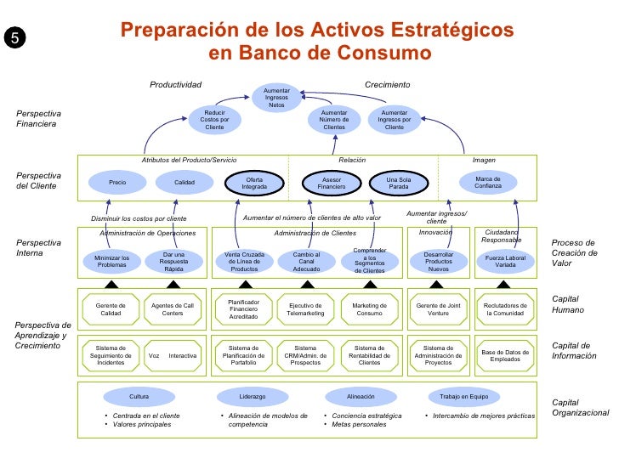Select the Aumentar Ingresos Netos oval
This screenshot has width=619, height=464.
tap(276, 98)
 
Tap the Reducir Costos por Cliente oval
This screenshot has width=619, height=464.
tap(214, 120)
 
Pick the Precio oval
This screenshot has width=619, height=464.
tap(116, 182)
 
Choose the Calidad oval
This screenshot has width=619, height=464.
tap(185, 182)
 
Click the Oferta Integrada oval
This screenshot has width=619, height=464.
tap(254, 182)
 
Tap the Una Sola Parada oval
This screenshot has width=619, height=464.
tap(398, 182)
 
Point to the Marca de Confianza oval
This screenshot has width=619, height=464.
tap(488, 182)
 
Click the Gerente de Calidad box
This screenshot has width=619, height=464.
tap(111, 309)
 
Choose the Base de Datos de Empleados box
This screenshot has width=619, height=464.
tap(505, 355)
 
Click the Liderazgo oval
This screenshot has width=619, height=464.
tap(253, 397)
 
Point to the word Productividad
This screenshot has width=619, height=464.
tap(175, 85)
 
